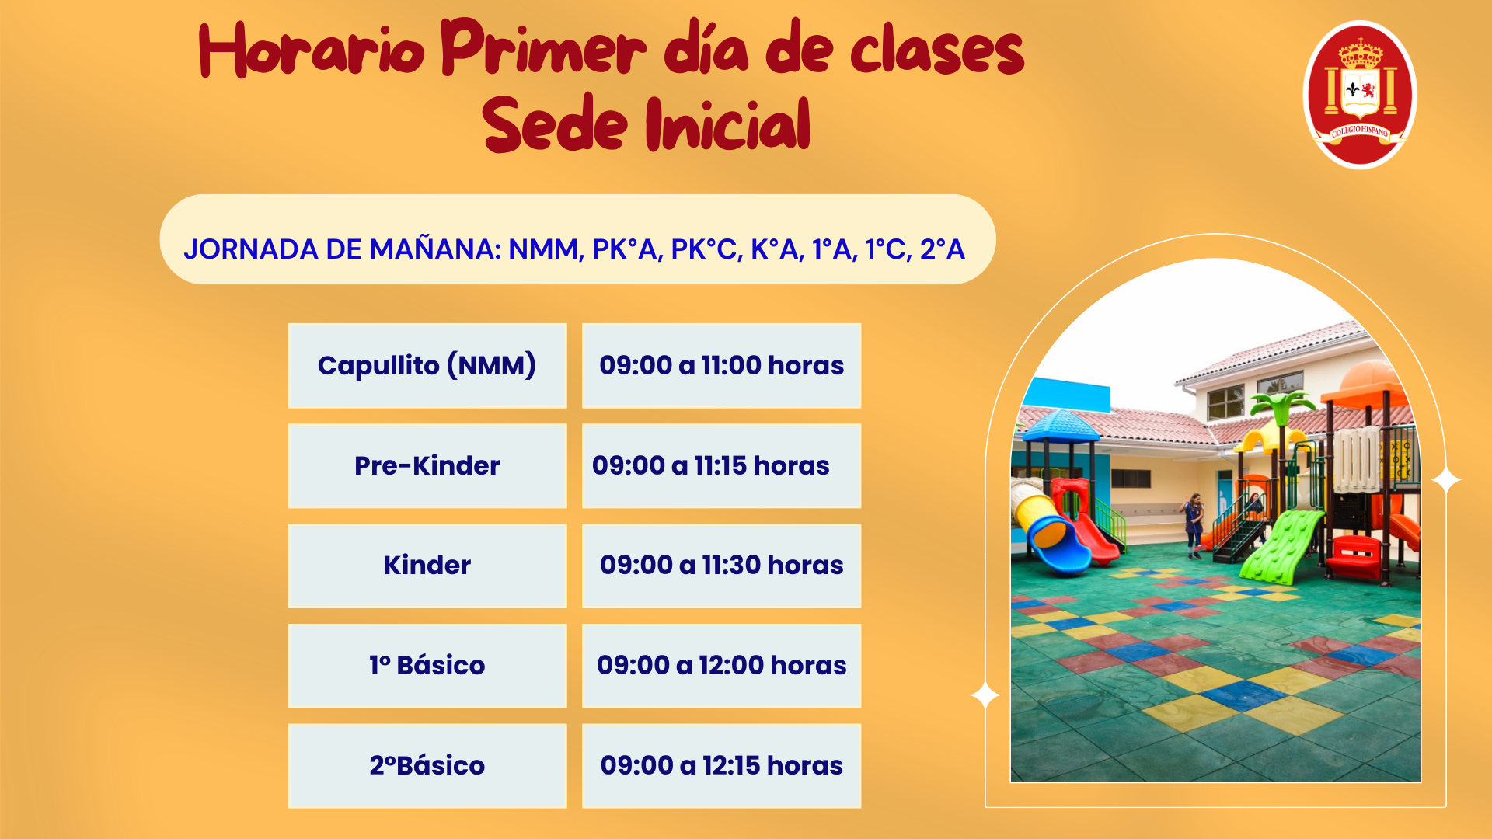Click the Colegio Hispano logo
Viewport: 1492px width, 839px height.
coord(1360,95)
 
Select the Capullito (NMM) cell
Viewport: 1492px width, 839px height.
coord(427,365)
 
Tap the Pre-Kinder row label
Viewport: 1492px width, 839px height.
coord(427,465)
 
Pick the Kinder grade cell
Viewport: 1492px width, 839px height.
coord(427,565)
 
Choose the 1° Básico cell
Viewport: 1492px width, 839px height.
coord(427,665)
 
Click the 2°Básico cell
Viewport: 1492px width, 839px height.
coord(427,765)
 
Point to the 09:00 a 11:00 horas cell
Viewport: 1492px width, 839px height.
coord(721,365)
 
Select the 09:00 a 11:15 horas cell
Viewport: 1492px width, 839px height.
coord(721,465)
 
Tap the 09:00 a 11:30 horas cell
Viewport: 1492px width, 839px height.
coord(721,565)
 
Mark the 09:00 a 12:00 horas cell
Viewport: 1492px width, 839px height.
coord(721,665)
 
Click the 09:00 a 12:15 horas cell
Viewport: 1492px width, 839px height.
coord(721,765)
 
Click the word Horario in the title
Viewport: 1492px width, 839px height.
coord(312,50)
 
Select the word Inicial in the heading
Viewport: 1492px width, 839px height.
coord(728,124)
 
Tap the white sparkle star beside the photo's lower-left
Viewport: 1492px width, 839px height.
coord(985,695)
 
